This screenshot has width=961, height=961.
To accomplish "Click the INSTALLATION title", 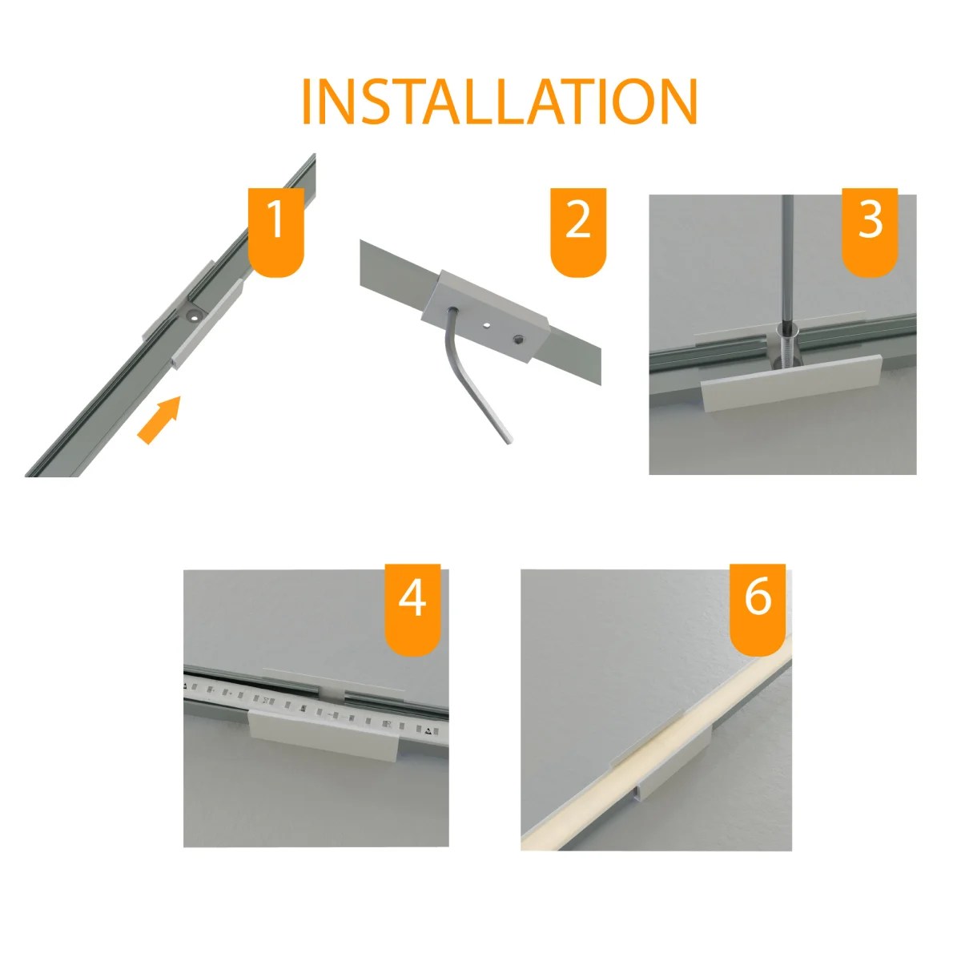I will (498, 102).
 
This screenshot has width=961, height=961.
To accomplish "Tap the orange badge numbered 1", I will (275, 230).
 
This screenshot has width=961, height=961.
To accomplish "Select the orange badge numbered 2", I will (577, 230).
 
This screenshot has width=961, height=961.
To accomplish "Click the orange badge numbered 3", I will (870, 230).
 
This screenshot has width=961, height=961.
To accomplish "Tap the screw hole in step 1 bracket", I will (191, 316).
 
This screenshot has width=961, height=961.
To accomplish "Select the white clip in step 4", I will (324, 734).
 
